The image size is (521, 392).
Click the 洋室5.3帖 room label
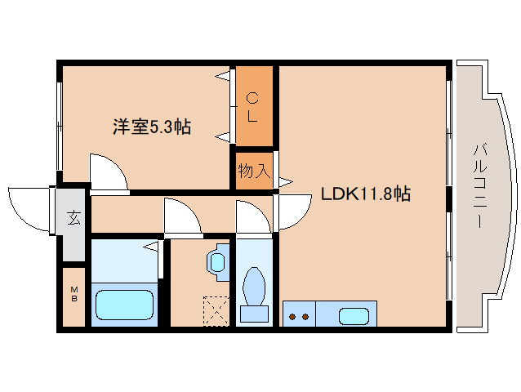(151, 127)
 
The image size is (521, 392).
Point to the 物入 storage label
(253, 171)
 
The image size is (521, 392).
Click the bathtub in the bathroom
(124, 305)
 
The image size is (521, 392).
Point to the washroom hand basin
(217, 261)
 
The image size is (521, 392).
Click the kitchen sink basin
(353, 315)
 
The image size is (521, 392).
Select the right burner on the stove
(305, 316)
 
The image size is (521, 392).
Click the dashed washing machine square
(216, 311)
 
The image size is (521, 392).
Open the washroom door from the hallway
(181, 216)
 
